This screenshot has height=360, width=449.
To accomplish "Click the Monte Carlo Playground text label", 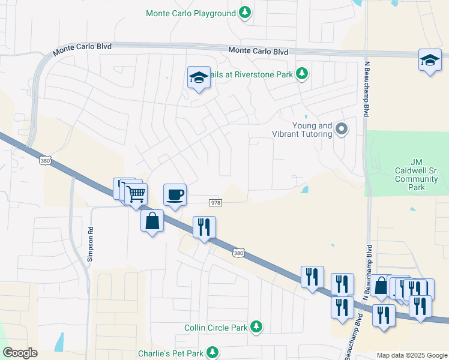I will (190, 13).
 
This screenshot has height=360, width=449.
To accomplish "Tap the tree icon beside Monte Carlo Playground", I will (245, 12).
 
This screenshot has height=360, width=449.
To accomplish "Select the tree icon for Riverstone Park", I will (303, 73).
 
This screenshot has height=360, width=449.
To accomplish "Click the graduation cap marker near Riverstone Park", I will (199, 77).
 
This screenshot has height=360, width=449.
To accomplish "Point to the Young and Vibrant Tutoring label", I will (312, 130).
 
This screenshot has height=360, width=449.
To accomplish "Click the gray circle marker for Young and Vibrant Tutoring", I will (342, 128).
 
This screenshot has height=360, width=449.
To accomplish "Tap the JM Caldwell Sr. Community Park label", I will (417, 175).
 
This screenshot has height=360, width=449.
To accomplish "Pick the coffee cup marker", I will (175, 194).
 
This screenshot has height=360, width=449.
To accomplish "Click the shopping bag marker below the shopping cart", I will (152, 220).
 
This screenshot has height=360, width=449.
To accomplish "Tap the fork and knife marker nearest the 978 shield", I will (204, 227).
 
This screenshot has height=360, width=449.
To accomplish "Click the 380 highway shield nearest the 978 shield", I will (239, 253).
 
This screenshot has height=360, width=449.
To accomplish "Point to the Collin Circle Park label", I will (215, 328).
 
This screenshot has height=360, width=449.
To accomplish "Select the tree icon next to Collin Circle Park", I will (256, 326).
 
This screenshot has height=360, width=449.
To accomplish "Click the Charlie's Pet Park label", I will (170, 353).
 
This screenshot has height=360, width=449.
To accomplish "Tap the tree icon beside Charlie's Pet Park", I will (212, 353).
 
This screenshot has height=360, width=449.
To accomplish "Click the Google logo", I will (20, 353).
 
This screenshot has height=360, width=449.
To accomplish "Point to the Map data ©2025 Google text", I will (411, 355).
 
